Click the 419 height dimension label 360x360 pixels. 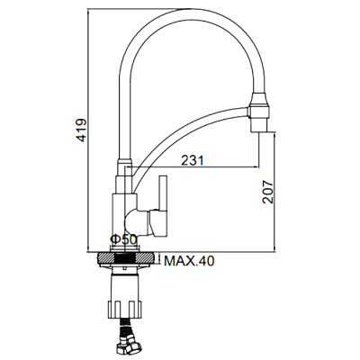pyautogui.click(x=81, y=130)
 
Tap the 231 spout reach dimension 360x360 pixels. pyautogui.click(x=193, y=160)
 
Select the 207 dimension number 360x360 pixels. pyautogui.click(x=268, y=192)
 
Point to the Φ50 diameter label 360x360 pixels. pyautogui.click(x=123, y=239)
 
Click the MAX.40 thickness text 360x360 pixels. pyautogui.click(x=189, y=261)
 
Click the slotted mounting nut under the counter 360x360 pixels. pyautogui.click(x=124, y=308)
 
